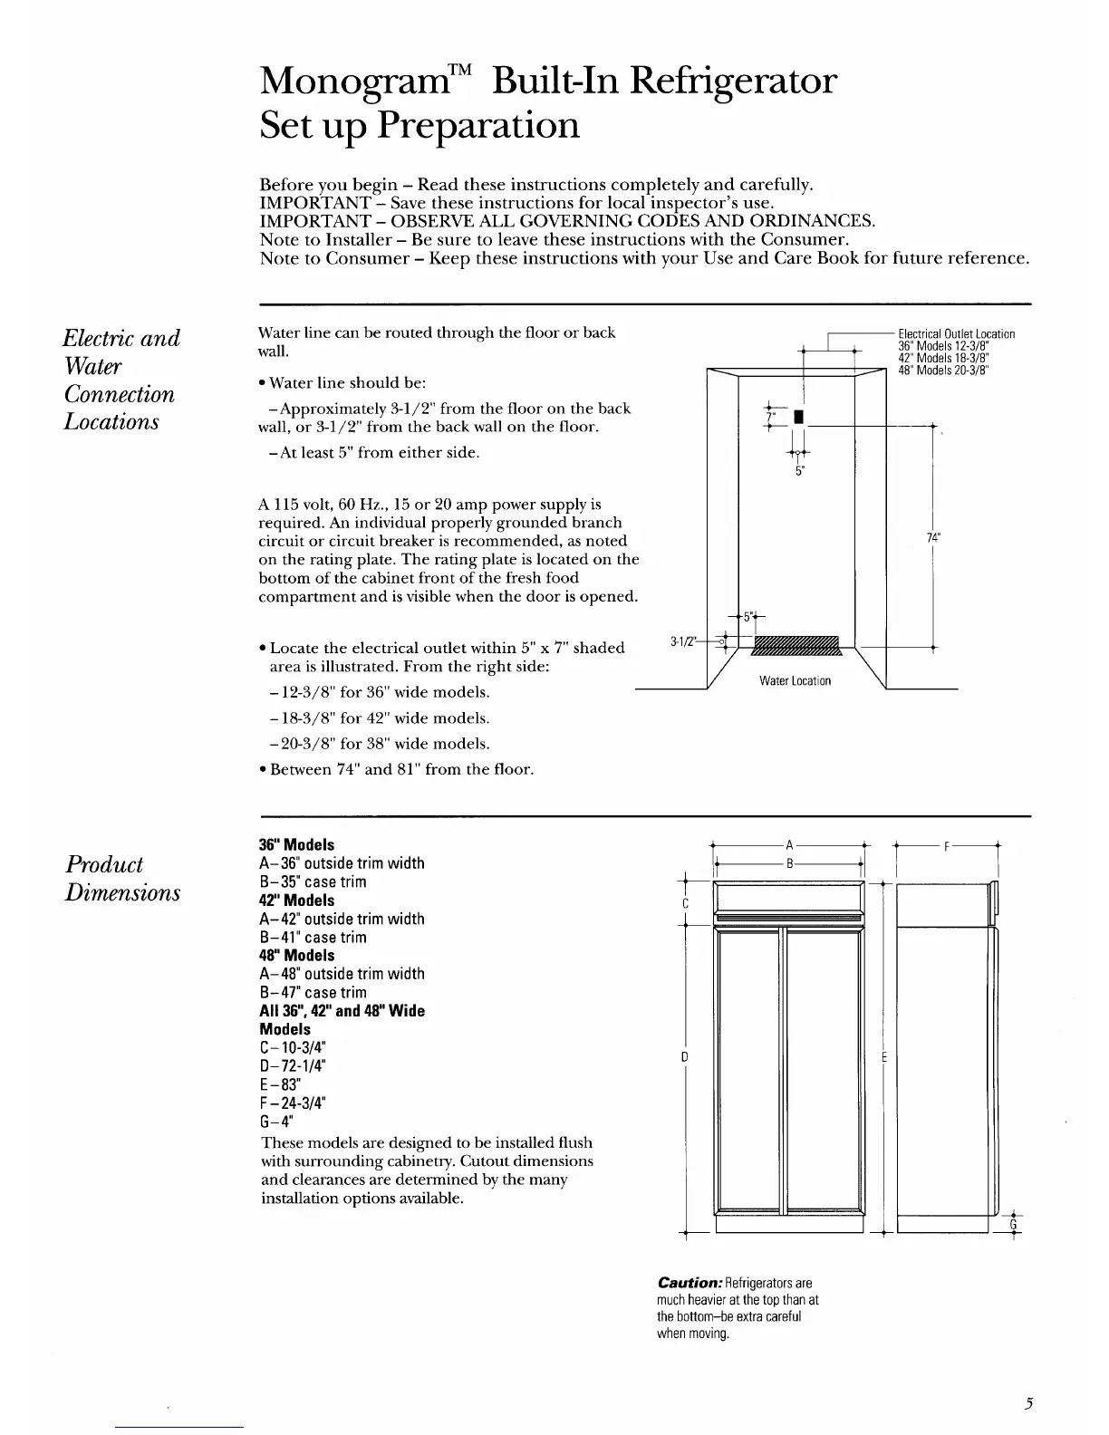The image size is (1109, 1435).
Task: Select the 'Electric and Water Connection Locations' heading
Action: pyautogui.click(x=121, y=380)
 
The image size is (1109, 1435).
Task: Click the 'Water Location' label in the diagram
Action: pyautogui.click(x=795, y=680)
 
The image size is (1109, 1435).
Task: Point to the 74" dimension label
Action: pyautogui.click(x=932, y=537)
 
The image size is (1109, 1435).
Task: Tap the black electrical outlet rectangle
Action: pyautogui.click(x=796, y=417)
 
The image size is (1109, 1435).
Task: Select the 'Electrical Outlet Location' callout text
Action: pyautogui.click(x=956, y=334)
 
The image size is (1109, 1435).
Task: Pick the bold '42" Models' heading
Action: pyautogui.click(x=297, y=900)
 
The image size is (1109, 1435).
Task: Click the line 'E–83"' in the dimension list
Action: pyautogui.click(x=281, y=1084)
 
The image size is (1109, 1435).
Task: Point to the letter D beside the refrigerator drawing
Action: pyautogui.click(x=686, y=1057)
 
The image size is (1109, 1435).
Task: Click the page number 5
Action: pyautogui.click(x=1029, y=1404)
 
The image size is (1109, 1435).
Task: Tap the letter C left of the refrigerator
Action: pyautogui.click(x=686, y=904)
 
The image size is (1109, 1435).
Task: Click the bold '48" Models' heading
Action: pyautogui.click(x=297, y=955)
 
